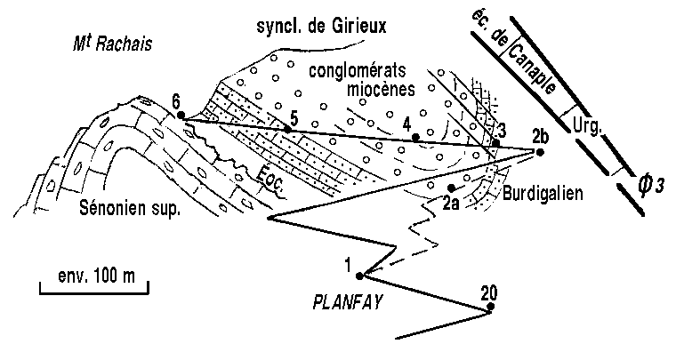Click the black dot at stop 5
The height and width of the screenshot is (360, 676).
point(287,130)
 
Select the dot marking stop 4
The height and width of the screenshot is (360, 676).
point(415,137)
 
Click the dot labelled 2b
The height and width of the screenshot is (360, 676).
point(540,151)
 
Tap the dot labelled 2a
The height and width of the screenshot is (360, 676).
point(452,188)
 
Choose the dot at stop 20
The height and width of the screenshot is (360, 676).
point(490,310)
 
